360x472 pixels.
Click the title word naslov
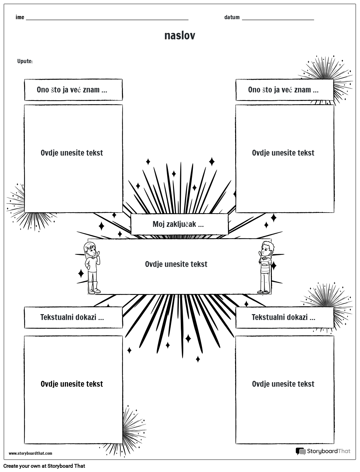pos(180,35)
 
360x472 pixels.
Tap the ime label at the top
pos(20,17)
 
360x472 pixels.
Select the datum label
pos(232,17)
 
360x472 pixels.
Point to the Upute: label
pos(25,61)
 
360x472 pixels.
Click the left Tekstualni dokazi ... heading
pos(72,317)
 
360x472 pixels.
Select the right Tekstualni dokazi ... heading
pos(283,317)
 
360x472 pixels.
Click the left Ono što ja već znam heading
pos(72,90)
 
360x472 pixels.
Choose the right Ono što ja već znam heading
pos(283,90)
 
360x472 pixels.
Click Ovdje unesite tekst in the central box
pos(176,264)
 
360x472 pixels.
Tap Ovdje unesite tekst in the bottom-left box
pos(72,384)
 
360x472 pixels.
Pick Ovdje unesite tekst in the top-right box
pos(283,153)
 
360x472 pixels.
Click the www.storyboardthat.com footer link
pos(30,453)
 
